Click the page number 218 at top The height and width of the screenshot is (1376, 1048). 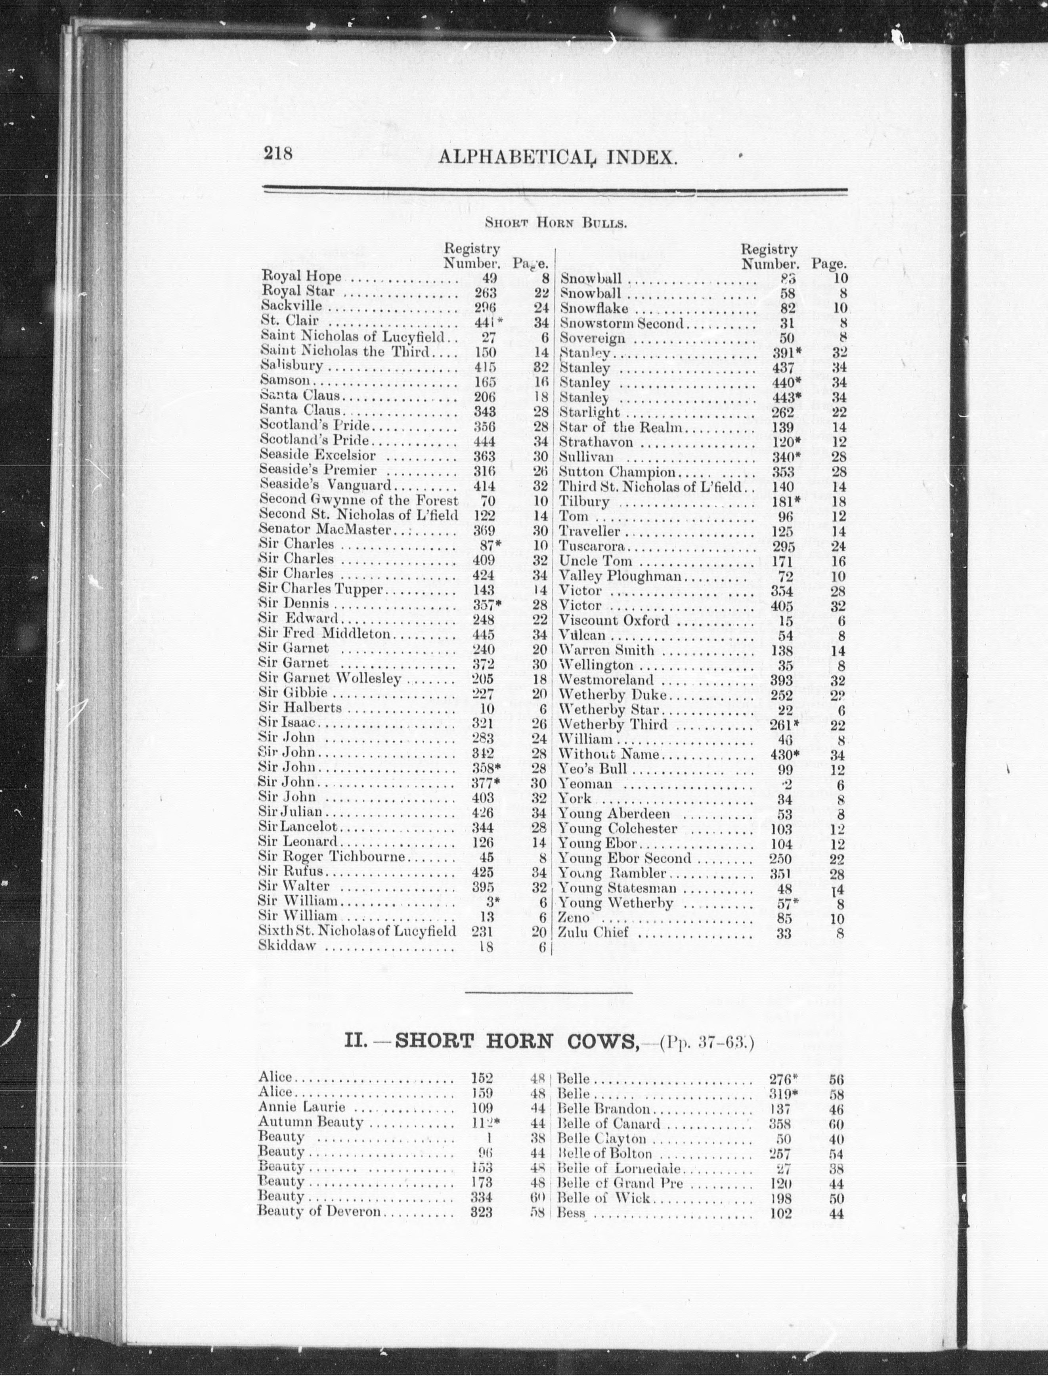point(278,153)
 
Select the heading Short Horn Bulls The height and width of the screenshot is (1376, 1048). point(556,223)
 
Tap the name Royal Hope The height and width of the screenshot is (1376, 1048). point(301,276)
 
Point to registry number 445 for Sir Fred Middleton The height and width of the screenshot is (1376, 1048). point(484,635)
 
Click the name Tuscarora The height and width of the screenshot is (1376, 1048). point(591,547)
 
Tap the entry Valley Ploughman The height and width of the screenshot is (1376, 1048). point(620,576)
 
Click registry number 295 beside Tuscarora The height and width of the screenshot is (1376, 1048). point(784,547)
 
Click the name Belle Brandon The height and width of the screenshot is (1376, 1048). point(603,1109)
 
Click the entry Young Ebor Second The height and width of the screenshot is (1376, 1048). point(624,858)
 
